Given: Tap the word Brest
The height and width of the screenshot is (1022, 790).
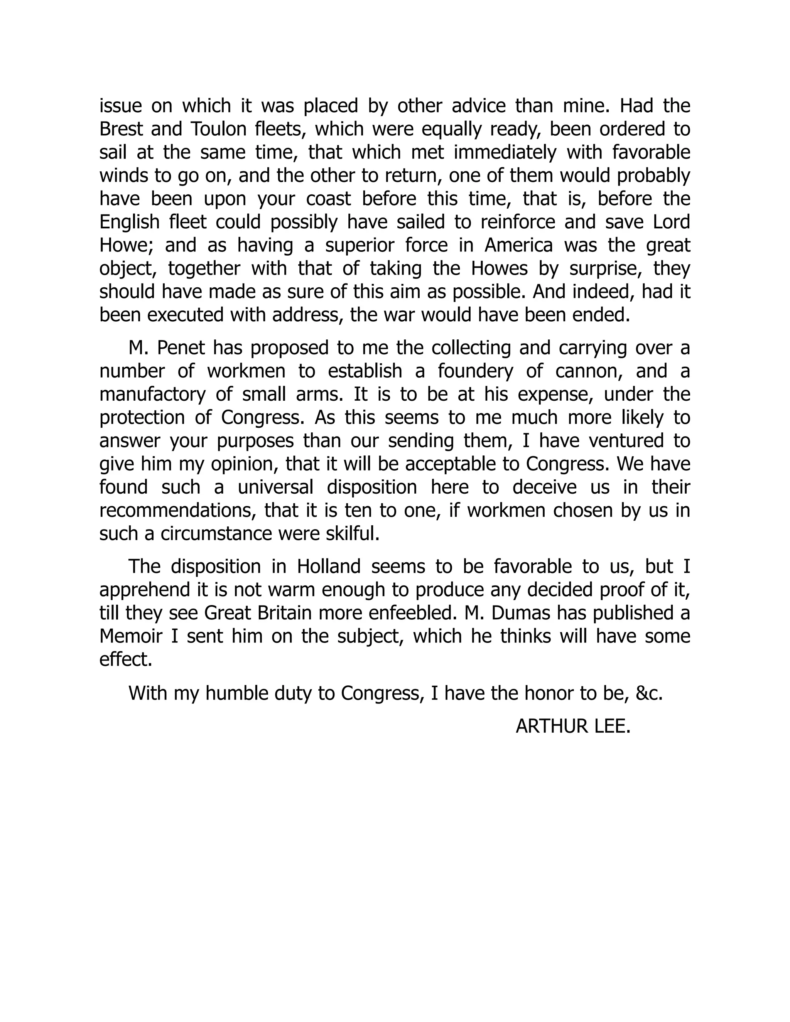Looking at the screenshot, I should [x=121, y=129].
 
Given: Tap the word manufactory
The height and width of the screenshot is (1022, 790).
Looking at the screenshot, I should [x=152, y=395].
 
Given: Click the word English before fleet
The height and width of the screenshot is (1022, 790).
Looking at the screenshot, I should [x=130, y=222].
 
